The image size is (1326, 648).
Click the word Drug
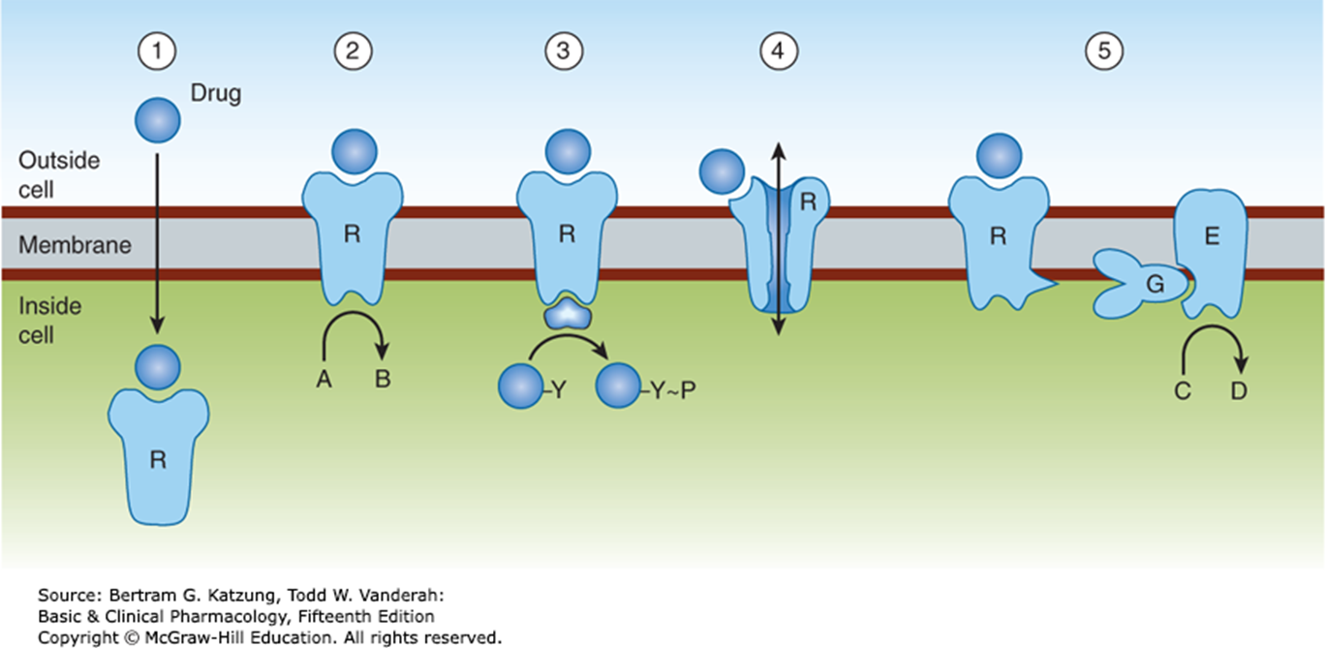(218, 94)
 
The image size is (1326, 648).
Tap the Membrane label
(75, 244)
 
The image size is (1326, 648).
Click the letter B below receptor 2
(384, 379)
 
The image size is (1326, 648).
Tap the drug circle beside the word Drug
(157, 121)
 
